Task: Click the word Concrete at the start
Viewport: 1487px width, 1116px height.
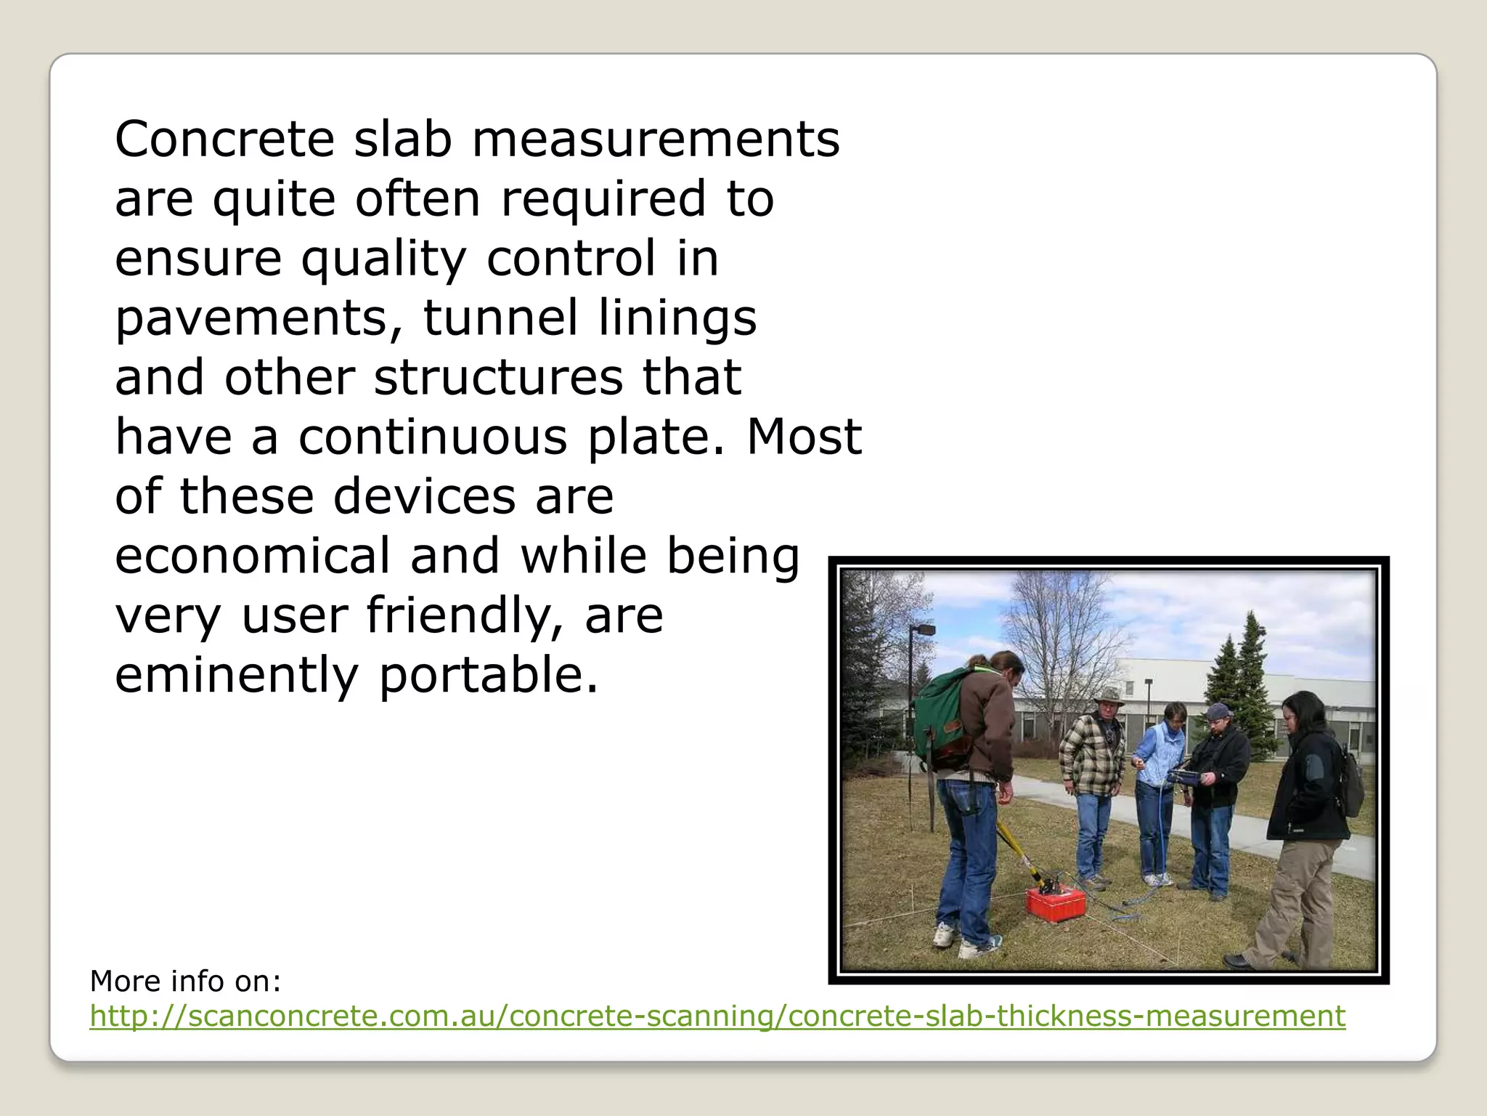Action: pos(224,139)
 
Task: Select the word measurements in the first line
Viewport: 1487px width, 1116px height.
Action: pos(656,139)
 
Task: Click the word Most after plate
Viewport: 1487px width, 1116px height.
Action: pos(804,437)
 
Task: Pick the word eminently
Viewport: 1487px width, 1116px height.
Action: pos(237,675)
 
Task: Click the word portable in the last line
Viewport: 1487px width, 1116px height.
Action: pos(488,675)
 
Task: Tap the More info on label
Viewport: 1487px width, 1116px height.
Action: pos(185,981)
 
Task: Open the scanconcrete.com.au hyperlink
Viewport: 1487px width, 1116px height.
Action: pos(717,1016)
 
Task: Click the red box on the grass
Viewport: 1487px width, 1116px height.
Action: pos(1055,903)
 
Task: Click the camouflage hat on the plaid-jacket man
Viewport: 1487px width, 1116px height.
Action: pos(1109,697)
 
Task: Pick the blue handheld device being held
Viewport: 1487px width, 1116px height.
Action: pos(1185,777)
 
